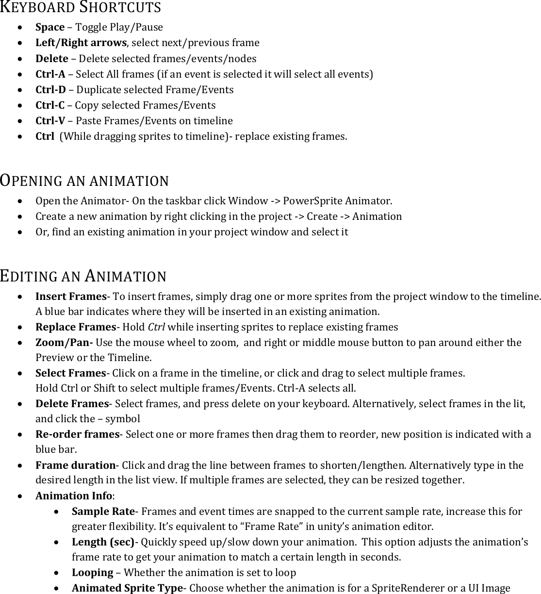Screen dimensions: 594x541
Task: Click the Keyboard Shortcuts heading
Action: (x=81, y=7)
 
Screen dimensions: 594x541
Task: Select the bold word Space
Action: (x=50, y=27)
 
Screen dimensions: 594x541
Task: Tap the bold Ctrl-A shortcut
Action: (x=50, y=74)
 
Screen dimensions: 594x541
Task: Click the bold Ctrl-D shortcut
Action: (x=50, y=90)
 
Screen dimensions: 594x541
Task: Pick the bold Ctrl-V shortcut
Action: (x=50, y=121)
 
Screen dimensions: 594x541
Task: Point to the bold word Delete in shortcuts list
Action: (x=52, y=59)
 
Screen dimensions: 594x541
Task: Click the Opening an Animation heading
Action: (x=84, y=181)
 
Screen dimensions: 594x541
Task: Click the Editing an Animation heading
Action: (x=83, y=276)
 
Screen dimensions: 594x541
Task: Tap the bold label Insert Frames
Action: (x=71, y=296)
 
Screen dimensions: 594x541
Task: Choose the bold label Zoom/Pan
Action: (x=64, y=343)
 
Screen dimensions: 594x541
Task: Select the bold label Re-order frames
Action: (x=77, y=434)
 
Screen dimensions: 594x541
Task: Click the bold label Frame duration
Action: (x=75, y=465)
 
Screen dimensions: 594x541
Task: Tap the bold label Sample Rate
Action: (x=103, y=511)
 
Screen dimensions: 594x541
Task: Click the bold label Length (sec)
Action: (x=103, y=542)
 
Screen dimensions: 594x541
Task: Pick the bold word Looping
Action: (x=92, y=573)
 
